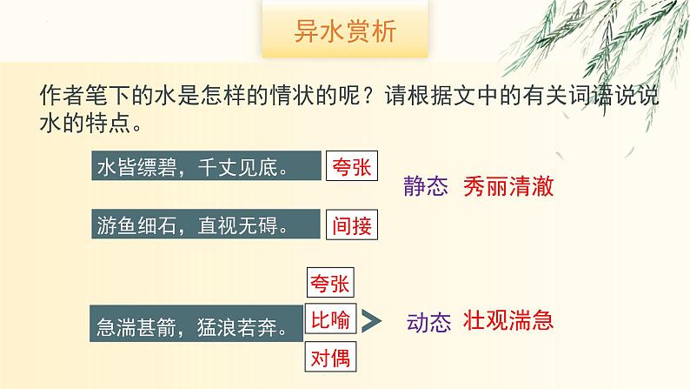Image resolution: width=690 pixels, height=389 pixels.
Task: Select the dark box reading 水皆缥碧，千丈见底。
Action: pos(203,167)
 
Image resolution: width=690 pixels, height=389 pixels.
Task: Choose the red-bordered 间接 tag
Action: pos(351,225)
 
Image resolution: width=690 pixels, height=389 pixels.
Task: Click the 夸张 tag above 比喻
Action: pos(332,284)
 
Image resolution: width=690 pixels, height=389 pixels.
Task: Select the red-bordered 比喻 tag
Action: pos(332,320)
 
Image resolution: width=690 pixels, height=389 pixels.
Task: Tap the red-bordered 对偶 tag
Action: pos(332,357)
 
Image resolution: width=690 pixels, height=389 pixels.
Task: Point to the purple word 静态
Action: pos(426,187)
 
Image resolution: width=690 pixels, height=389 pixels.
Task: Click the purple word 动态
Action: pos(428,323)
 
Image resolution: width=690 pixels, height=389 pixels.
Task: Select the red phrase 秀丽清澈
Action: pos(508,186)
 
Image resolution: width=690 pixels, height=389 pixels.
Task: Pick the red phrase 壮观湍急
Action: pos(508,320)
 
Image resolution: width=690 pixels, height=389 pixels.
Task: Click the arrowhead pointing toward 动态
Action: pos(373,321)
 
